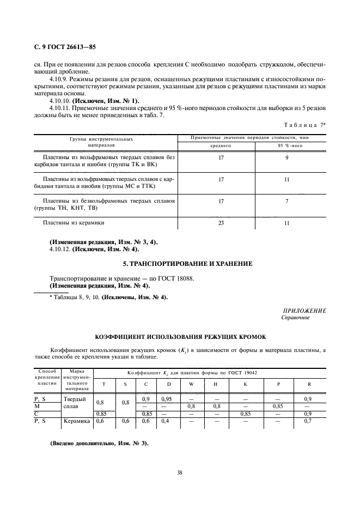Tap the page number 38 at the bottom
click(x=179, y=472)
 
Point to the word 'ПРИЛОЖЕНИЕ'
click(x=304, y=310)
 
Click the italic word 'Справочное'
click(x=295, y=318)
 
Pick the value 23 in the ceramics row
click(x=221, y=223)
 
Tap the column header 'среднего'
click(x=221, y=146)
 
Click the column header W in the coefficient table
click(x=191, y=384)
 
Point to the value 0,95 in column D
click(x=167, y=399)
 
